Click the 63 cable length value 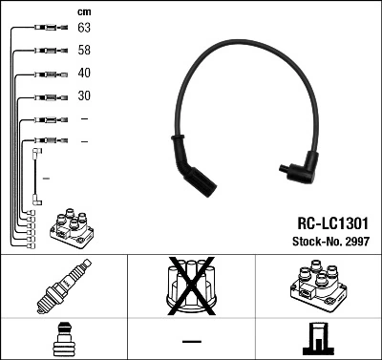pyautogui.click(x=84, y=29)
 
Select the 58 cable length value pyautogui.click(x=84, y=52)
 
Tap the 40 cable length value pyautogui.click(x=84, y=74)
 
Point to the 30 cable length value pyautogui.click(x=84, y=96)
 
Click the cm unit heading pyautogui.click(x=83, y=11)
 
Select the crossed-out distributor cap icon pyautogui.click(x=191, y=289)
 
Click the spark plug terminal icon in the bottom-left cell pyautogui.click(x=63, y=340)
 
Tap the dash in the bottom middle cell pyautogui.click(x=191, y=341)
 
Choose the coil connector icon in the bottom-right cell pyautogui.click(x=317, y=340)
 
